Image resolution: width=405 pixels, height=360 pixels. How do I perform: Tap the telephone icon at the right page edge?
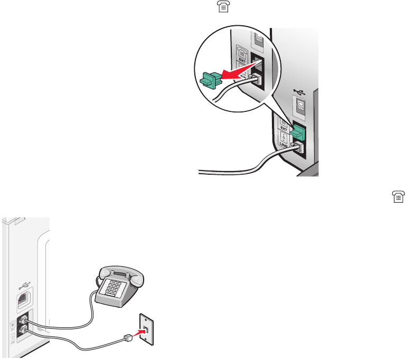pyautogui.click(x=398, y=197)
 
